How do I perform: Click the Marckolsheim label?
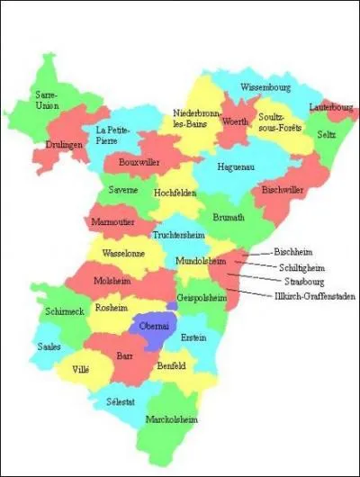point(172,419)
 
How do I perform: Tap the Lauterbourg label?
point(330,106)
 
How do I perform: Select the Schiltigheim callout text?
point(299,266)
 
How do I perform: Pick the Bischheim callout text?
point(293,252)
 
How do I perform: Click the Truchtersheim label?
point(180,234)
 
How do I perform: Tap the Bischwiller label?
point(283,191)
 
